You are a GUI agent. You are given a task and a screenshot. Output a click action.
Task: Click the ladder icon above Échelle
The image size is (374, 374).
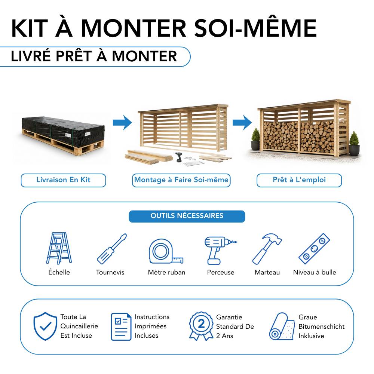59,248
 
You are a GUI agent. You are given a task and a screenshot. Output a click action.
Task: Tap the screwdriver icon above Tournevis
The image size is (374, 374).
112,249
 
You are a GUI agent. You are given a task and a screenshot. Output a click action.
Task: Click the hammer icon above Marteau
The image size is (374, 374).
267,249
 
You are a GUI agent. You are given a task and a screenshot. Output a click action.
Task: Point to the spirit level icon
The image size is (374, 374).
315,249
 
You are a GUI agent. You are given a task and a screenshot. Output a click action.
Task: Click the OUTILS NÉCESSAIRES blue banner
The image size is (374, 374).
187,216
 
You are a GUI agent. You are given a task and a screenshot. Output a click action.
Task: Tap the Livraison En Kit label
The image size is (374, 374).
63,180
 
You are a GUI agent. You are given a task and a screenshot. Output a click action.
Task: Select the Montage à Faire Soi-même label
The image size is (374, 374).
181,180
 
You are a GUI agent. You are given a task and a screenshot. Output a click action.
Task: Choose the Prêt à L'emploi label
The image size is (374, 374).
299,180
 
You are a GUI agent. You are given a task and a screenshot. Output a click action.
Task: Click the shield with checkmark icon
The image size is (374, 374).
45,326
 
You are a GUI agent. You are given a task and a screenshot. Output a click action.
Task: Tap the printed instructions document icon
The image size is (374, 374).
121,326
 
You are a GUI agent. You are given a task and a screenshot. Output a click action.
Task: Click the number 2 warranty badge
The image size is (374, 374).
201,326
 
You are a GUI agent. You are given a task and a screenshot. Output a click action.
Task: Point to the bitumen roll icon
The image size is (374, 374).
282,326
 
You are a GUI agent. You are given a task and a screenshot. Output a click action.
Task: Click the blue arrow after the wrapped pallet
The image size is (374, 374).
122,123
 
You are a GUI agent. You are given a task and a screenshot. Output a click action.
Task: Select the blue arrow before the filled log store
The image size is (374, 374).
242,123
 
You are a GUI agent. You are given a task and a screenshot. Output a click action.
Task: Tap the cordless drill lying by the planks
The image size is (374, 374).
178,157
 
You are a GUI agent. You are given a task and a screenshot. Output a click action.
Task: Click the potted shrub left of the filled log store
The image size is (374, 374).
255,139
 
